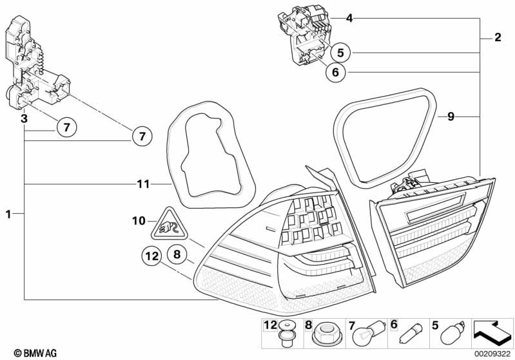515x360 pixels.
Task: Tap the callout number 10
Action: [x=139, y=221]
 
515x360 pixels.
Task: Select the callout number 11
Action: [x=143, y=184]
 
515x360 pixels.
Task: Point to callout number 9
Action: [x=451, y=117]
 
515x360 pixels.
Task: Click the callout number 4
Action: [x=349, y=19]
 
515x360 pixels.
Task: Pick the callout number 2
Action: [x=497, y=38]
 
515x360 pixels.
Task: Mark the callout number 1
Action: [x=8, y=213]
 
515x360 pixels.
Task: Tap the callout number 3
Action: [x=23, y=118]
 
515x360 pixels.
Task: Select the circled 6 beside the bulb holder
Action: [x=335, y=73]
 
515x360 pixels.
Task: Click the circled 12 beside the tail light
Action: [x=151, y=256]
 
